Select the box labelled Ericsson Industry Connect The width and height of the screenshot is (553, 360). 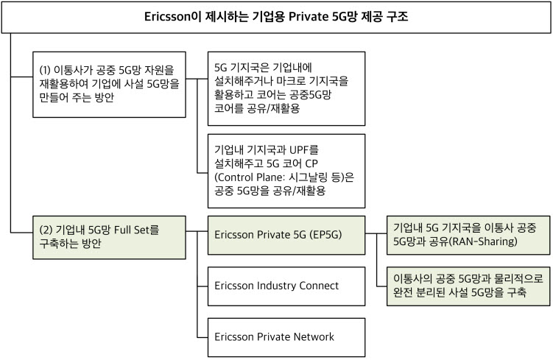click(286, 286)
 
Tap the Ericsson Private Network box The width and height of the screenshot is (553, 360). click(286, 337)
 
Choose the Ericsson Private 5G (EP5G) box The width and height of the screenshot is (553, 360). click(286, 235)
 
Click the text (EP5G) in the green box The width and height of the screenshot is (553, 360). click(326, 235)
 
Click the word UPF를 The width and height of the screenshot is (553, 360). click(303, 150)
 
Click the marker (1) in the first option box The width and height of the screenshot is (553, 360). click(45, 70)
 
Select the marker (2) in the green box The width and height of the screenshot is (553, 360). click(46, 230)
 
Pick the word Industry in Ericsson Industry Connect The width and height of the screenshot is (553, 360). click(276, 286)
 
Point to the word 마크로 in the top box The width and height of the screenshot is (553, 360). click(291, 81)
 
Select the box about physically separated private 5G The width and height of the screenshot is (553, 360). click(468, 286)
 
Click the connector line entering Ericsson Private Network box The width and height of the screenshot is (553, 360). click(202, 338)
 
